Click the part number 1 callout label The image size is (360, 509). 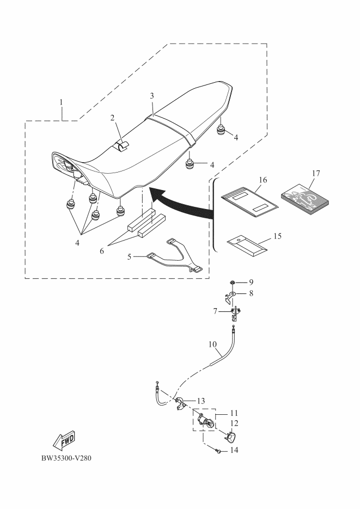coord(61,102)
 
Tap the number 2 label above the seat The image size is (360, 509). coord(112,117)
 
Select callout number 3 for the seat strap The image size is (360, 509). coord(152,96)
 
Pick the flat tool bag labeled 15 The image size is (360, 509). coord(247,244)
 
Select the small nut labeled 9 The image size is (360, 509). coord(233,283)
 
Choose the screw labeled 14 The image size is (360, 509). coord(218,450)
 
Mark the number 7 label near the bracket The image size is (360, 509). coord(216,311)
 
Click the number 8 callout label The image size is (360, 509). coord(251,293)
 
